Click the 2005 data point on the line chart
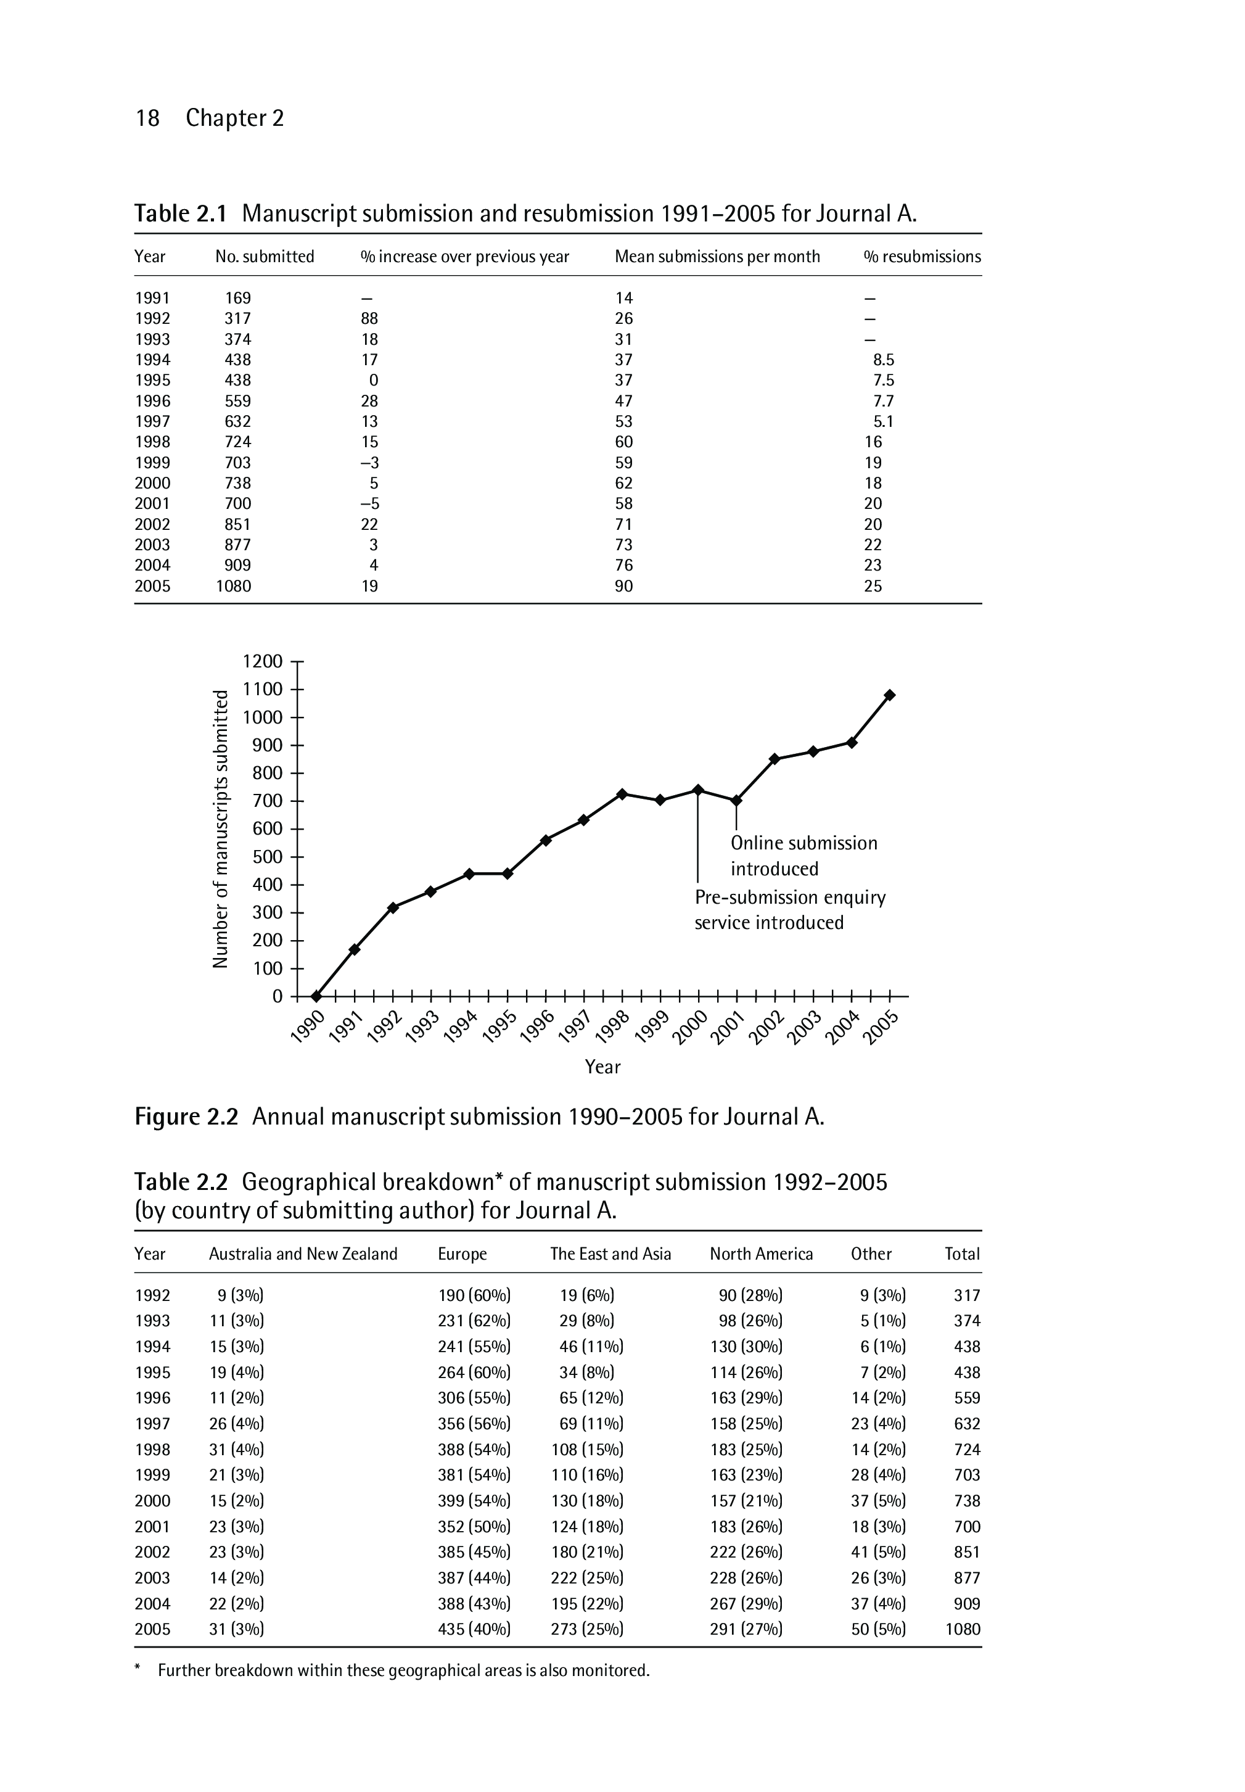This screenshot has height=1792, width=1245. [890, 695]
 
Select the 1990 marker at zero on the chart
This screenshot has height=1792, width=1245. [316, 996]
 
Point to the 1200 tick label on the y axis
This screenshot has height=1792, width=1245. [263, 661]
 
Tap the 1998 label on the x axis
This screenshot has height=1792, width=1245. [613, 1026]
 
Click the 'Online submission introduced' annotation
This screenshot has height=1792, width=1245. [803, 856]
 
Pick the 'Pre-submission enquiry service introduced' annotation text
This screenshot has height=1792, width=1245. [789, 910]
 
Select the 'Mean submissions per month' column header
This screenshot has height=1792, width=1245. [717, 257]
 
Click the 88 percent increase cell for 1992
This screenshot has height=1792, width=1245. [370, 318]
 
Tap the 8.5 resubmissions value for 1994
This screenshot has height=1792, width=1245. [884, 360]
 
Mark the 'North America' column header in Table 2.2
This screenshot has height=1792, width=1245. [760, 1253]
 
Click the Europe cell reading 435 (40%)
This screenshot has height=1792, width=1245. [474, 1629]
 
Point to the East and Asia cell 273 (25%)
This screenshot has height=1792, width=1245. [586, 1629]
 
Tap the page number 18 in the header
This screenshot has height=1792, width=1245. [147, 118]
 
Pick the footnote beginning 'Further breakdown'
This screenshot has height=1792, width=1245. [403, 1670]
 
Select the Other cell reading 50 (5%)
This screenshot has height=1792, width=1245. [878, 1629]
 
